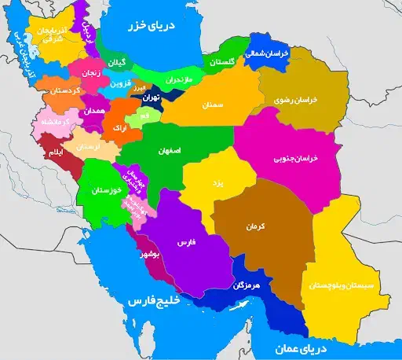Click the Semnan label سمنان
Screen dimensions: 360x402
214,104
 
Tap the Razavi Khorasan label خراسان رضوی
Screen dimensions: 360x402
295,101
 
